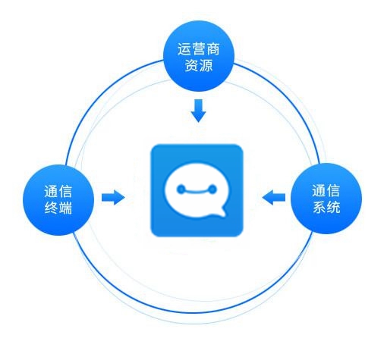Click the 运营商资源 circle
tap(199, 56)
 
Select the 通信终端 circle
tap(58, 200)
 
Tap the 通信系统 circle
tap(326, 199)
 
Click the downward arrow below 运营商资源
tap(199, 111)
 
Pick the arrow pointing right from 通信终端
tap(113, 197)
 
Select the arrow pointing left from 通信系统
tap(274, 197)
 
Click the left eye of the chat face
tap(181, 189)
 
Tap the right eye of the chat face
tap(212, 189)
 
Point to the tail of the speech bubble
tap(221, 211)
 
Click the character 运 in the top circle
tap(184, 49)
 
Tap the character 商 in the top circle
tap(212, 49)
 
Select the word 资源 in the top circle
tap(199, 65)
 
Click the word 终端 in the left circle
tap(58, 208)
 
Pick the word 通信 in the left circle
tap(58, 192)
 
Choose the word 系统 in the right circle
tap(326, 207)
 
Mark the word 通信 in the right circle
tap(326, 190)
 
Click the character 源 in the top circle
tap(206, 65)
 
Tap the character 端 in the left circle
tap(65, 208)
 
